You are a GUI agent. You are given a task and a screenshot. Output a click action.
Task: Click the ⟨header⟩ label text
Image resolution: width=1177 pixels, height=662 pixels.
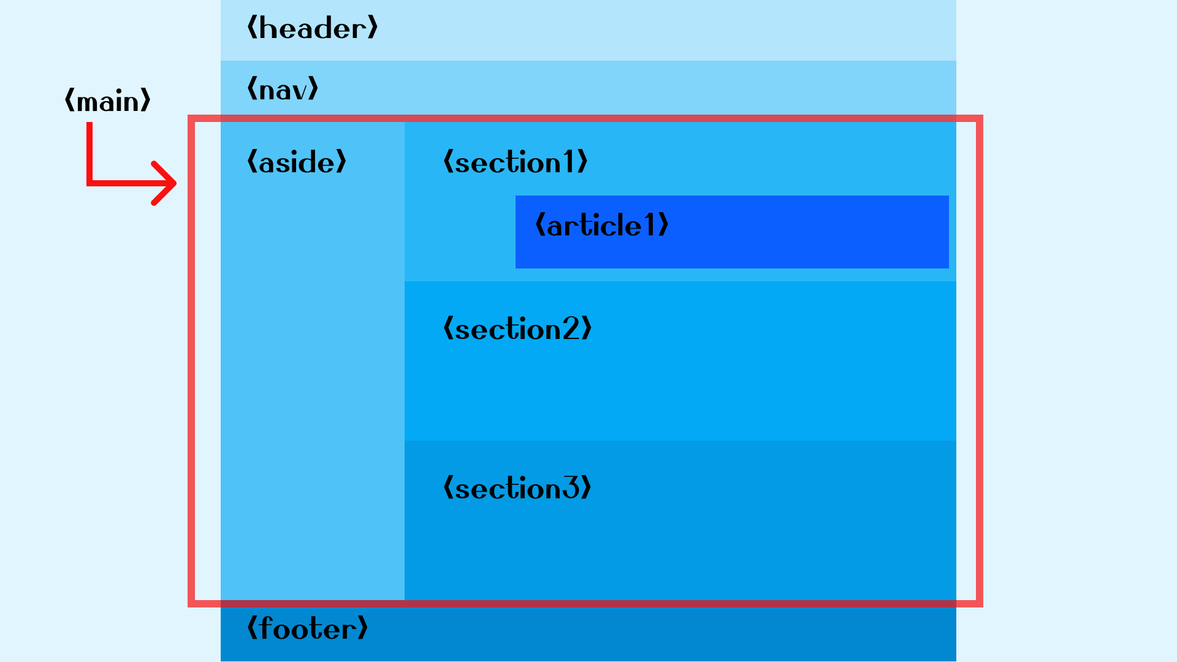pyautogui.click(x=312, y=29)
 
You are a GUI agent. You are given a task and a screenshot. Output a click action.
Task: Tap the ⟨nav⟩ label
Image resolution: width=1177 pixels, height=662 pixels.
pyautogui.click(x=283, y=89)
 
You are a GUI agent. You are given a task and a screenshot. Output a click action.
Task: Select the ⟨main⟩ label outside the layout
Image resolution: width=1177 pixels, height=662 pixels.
pyautogui.click(x=107, y=101)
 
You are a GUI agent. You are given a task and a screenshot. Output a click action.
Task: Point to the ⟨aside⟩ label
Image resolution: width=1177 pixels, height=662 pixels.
pyautogui.click(x=297, y=162)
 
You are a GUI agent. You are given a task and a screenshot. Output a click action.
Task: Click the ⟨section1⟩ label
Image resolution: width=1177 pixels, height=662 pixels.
pyautogui.click(x=515, y=162)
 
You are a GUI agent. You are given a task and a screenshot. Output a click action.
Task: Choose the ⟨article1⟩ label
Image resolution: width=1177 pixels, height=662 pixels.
pyautogui.click(x=601, y=226)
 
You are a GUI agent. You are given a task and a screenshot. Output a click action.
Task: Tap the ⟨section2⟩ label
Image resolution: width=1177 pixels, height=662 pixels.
pyautogui.click(x=517, y=329)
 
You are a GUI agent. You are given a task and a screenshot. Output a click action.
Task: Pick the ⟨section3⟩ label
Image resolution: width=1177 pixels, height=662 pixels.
pyautogui.click(x=517, y=489)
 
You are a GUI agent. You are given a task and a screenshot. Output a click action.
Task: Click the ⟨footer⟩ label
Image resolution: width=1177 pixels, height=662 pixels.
pyautogui.click(x=307, y=629)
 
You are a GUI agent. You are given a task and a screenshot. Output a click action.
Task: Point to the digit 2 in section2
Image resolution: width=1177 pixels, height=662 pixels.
pyautogui.click(x=571, y=329)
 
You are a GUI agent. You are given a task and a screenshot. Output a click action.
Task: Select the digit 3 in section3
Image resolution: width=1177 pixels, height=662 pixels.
pyautogui.click(x=571, y=489)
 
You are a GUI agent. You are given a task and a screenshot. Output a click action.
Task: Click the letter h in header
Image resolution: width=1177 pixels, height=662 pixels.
pyautogui.click(x=268, y=29)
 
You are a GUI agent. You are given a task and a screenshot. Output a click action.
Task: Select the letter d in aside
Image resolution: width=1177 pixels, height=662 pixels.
pyautogui.click(x=310, y=162)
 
